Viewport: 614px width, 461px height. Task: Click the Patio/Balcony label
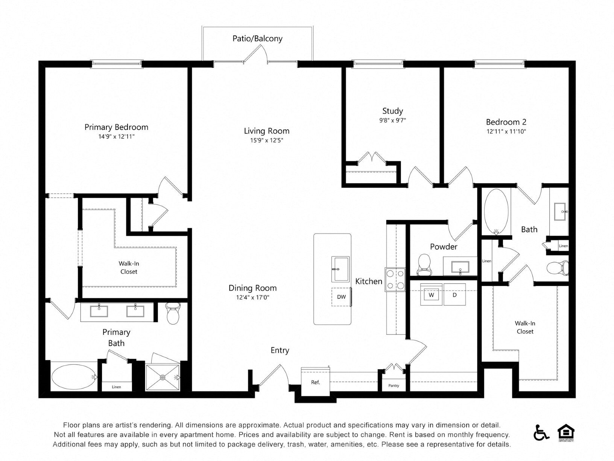tap(257, 38)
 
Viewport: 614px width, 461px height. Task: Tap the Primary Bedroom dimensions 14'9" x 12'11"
tap(116, 137)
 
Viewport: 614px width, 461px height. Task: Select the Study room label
tap(392, 111)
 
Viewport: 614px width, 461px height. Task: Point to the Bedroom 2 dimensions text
tap(506, 131)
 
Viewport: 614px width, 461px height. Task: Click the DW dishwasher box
tap(341, 297)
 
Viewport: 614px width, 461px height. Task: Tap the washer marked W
tap(431, 295)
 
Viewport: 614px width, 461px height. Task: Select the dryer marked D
tap(454, 295)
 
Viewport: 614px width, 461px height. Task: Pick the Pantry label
tap(394, 385)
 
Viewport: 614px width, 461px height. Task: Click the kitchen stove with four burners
tap(395, 279)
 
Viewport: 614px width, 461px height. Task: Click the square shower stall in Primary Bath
tap(163, 377)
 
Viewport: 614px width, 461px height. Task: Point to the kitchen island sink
tap(340, 269)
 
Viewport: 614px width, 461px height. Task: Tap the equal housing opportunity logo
tap(565, 433)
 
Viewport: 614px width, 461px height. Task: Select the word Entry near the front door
tap(280, 350)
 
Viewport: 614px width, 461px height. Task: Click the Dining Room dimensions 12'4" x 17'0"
tap(252, 298)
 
